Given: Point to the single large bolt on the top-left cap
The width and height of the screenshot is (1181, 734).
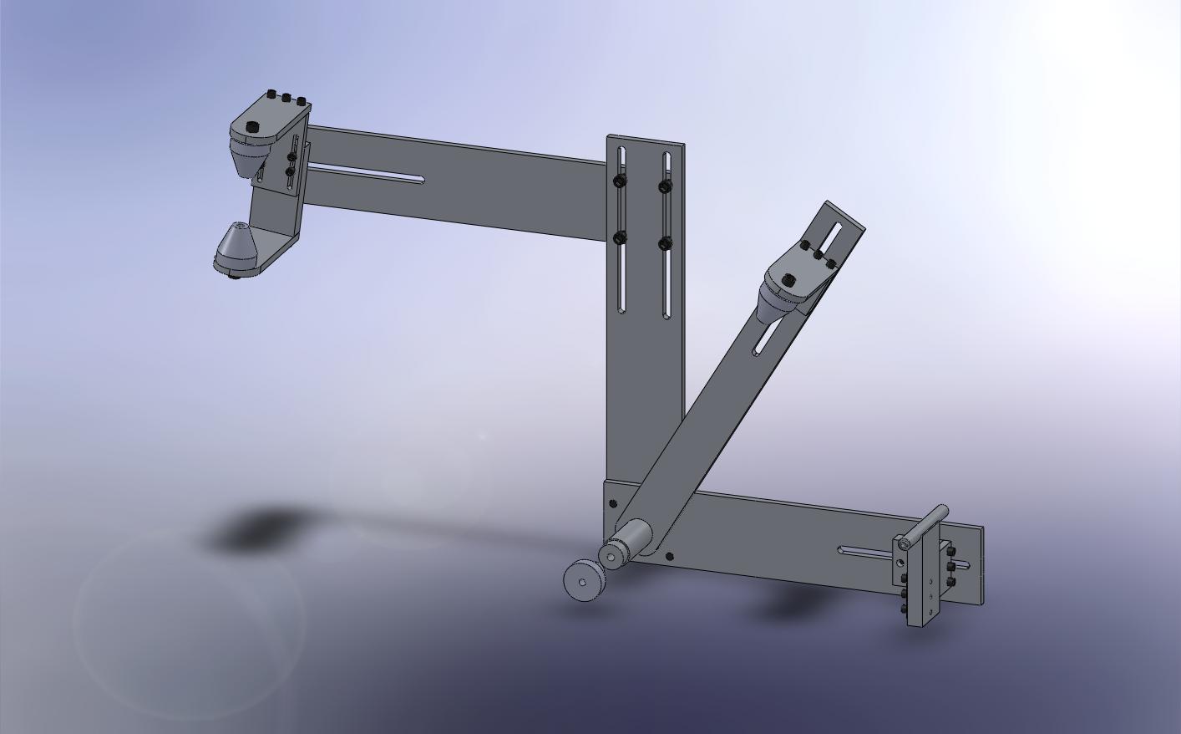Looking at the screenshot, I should (x=253, y=127).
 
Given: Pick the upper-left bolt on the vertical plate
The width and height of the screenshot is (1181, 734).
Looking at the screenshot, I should (x=620, y=181).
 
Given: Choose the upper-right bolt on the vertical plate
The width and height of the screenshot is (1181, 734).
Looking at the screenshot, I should (x=665, y=186).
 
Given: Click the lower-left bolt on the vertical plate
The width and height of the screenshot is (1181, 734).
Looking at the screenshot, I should (x=620, y=238).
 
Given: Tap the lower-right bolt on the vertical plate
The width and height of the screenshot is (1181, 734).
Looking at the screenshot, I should (x=665, y=243).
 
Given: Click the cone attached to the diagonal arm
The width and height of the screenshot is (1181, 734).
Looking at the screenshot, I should (x=772, y=305).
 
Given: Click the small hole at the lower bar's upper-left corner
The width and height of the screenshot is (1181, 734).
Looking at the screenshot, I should (x=614, y=503).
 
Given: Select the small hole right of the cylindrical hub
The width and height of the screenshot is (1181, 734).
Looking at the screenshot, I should (x=669, y=555).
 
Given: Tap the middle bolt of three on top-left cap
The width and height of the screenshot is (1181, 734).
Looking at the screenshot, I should (x=286, y=99).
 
